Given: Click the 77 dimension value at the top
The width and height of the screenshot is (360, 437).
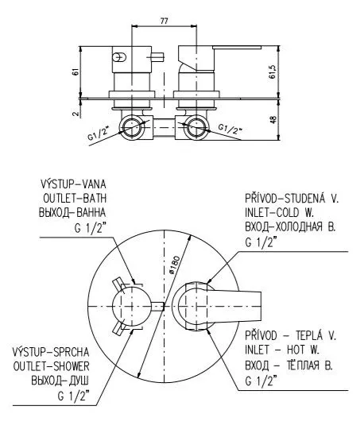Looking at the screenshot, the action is pyautogui.click(x=165, y=21).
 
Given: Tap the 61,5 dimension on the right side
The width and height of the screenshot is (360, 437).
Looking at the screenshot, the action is pyautogui.click(x=273, y=72).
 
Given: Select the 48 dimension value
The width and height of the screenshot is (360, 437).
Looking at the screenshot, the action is pyautogui.click(x=273, y=119).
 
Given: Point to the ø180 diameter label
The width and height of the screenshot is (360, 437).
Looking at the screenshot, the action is pyautogui.click(x=176, y=265).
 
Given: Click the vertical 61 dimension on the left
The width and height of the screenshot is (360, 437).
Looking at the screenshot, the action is pyautogui.click(x=75, y=72).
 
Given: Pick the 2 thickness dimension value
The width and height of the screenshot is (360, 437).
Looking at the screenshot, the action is pyautogui.click(x=75, y=114).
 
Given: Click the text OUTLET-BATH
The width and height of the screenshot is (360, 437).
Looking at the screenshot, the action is pyautogui.click(x=75, y=198).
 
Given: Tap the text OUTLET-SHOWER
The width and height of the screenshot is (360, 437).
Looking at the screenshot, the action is pyautogui.click(x=52, y=366).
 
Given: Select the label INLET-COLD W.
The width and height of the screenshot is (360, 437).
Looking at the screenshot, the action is pyautogui.click(x=280, y=213).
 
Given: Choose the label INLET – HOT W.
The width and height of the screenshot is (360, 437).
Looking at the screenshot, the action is pyautogui.click(x=282, y=350).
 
